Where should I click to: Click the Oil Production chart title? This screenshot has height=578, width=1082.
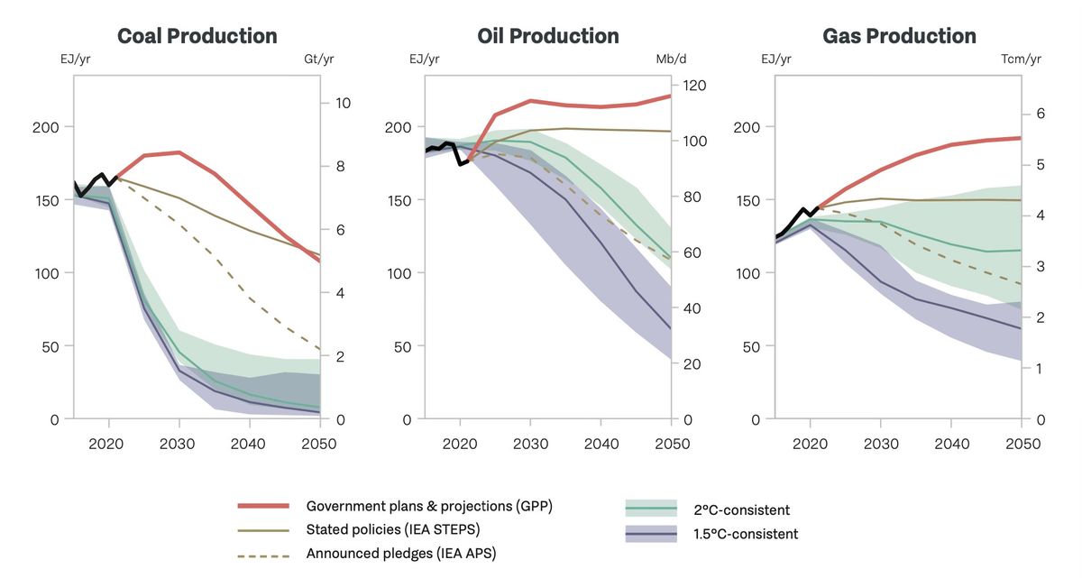coord(547,36)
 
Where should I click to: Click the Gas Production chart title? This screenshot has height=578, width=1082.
coord(899,36)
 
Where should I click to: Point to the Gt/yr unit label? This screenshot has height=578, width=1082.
coord(318,60)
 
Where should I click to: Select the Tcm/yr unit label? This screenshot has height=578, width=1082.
coord(1021,60)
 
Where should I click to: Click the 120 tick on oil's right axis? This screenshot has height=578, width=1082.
coord(693,85)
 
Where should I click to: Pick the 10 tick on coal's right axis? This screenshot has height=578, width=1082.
coord(343,103)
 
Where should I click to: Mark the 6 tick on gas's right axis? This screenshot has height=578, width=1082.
coord(1040,114)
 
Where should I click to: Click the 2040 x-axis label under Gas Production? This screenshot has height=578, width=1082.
coord(951,444)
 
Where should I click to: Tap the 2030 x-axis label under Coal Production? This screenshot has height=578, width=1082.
coord(179,444)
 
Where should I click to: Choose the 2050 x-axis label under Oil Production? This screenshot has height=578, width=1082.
coord(672,444)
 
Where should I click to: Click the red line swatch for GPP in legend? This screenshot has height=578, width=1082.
coord(263,506)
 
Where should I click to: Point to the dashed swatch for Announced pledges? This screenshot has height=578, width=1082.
coord(263,553)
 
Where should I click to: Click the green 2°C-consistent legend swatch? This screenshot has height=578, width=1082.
coord(651,510)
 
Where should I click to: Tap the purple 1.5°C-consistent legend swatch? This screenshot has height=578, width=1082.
coord(651,535)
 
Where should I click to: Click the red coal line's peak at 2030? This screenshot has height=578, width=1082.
coord(179,152)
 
